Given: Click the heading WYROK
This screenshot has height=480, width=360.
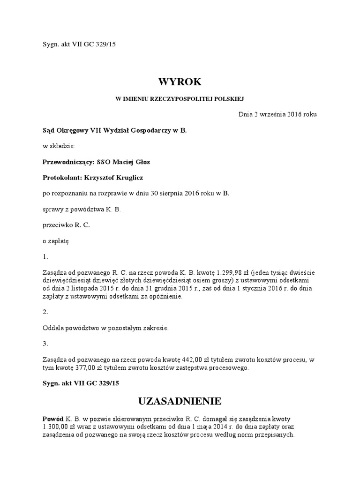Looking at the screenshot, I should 180,82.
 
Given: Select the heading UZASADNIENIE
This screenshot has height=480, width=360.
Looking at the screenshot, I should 180,401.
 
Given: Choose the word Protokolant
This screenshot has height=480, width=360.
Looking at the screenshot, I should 60,178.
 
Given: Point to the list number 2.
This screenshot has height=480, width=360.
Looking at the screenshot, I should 45,312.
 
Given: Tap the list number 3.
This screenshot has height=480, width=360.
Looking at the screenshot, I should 45,344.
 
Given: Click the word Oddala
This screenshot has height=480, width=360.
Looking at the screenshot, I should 53,328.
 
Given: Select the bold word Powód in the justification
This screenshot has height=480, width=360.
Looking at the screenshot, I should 52,418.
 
